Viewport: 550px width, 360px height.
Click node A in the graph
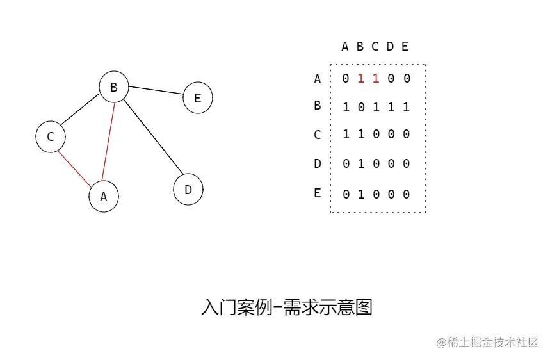tap(104, 197)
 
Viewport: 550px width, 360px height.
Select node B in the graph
tap(114, 87)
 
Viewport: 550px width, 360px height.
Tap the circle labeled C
tap(51, 136)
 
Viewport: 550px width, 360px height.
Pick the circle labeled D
tap(188, 190)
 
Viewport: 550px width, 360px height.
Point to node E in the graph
tap(197, 98)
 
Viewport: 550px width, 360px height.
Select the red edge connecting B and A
tap(109, 142)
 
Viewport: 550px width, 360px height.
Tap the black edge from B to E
tap(156, 92)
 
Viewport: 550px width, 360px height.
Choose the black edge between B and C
tap(81, 113)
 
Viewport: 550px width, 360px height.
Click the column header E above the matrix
tap(405, 46)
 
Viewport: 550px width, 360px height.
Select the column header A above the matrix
tap(345, 46)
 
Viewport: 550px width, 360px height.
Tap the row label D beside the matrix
tap(317, 164)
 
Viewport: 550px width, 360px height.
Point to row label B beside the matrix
tap(317, 106)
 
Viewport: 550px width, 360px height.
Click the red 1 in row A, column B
tap(360, 78)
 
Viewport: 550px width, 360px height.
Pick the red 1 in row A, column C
tap(376, 78)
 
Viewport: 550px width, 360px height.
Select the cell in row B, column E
tap(406, 107)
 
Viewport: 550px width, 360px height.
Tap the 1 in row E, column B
tap(360, 194)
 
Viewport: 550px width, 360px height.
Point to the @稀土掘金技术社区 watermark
tap(488, 343)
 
